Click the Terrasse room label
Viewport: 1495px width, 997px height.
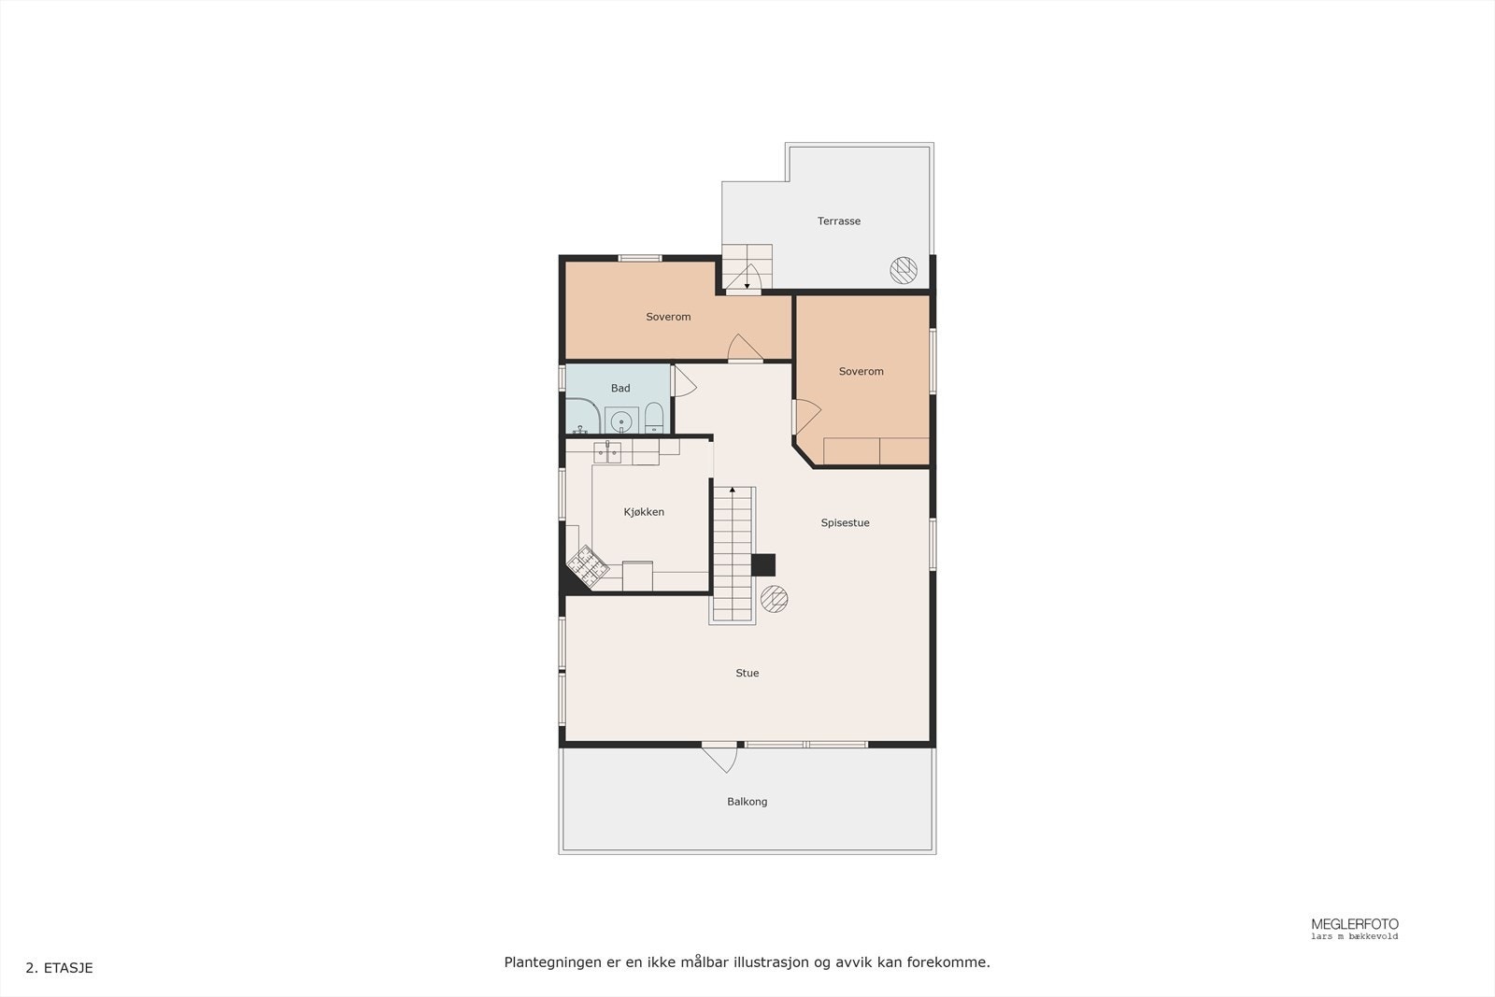pos(838,221)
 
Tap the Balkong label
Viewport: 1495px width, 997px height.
pos(747,802)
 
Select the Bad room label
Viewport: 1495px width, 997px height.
pos(620,389)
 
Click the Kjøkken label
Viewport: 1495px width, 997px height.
pos(644,512)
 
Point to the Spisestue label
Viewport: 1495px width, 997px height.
pos(845,523)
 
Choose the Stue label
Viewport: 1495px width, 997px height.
pos(747,674)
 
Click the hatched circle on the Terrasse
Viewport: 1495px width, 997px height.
pos(903,270)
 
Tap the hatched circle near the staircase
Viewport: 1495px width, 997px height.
pos(774,599)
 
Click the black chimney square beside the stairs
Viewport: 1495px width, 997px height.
pos(763,565)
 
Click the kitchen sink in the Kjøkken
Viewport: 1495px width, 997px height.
pos(607,453)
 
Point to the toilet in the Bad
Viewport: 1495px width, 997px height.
pos(653,418)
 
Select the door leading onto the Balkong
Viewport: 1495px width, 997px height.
pos(720,756)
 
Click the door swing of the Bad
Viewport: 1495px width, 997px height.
pos(684,382)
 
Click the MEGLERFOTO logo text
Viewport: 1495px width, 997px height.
pos(1354,924)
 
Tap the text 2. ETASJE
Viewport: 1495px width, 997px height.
pos(59,968)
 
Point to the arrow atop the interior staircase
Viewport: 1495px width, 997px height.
pos(733,490)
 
